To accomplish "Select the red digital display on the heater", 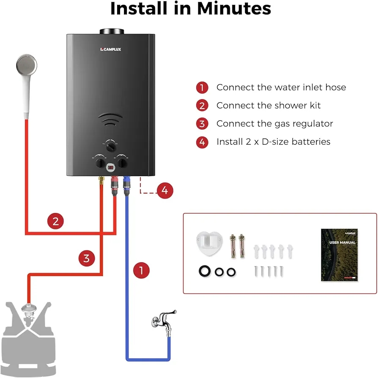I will tap(110, 168).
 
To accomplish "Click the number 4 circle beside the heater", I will tap(164, 190).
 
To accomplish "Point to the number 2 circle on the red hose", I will tap(55, 221).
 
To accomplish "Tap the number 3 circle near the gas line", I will tap(86, 257).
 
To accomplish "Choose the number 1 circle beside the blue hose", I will tap(142, 269).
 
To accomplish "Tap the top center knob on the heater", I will tap(111, 147).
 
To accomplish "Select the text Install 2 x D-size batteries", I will tap(273, 142).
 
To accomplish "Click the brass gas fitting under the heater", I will tap(101, 182).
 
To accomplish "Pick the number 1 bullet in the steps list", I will tap(202, 88).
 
